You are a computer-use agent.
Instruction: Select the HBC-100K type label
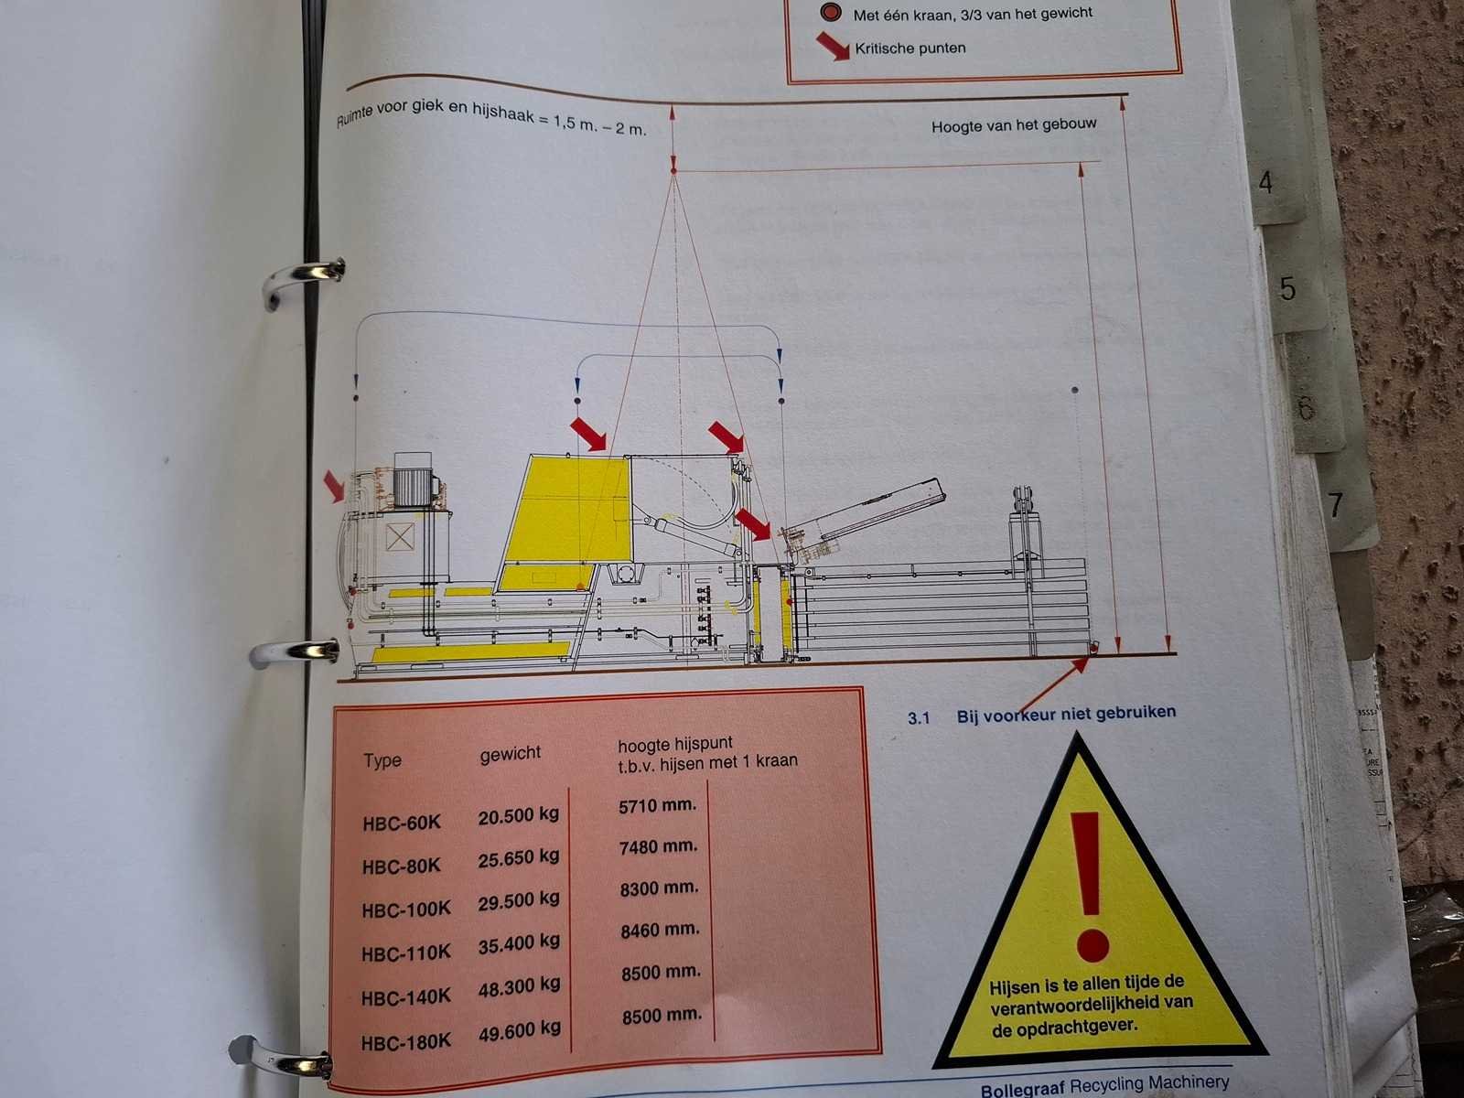click(406, 910)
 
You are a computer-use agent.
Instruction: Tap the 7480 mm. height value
click(658, 847)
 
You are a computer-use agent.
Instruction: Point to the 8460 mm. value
click(661, 930)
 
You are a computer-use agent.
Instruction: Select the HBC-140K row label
click(406, 997)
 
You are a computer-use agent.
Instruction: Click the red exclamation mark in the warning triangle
click(1089, 886)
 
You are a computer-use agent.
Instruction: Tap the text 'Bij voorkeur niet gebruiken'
click(1066, 714)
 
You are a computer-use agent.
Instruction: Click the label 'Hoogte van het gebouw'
click(1014, 125)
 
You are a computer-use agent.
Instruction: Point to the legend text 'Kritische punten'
click(910, 48)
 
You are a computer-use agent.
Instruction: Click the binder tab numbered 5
click(1287, 288)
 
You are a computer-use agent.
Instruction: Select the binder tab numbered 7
click(1336, 505)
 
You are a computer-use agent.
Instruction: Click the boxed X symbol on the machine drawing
click(400, 537)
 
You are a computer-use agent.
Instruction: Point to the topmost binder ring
click(304, 281)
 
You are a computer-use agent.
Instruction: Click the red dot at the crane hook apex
click(673, 171)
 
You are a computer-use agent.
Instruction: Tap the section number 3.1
click(919, 718)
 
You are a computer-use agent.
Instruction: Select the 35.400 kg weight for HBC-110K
click(519, 942)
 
